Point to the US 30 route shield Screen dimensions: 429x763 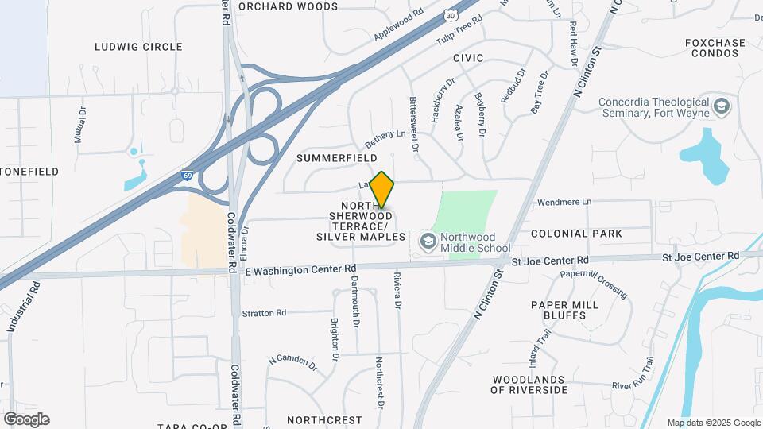pyautogui.click(x=451, y=14)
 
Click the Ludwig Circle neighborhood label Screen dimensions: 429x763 pyautogui.click(x=139, y=47)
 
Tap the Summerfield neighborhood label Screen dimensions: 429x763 pyautogui.click(x=337, y=158)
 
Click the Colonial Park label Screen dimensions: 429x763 pyautogui.click(x=576, y=234)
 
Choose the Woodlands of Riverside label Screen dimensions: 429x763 pyautogui.click(x=529, y=385)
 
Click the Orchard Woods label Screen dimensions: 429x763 pyautogui.click(x=277, y=6)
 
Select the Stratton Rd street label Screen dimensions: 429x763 pyautogui.click(x=264, y=313)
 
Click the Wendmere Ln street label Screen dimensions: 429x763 pyautogui.click(x=565, y=202)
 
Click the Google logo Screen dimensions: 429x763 pyautogui.click(x=26, y=419)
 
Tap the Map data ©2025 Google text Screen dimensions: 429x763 pyautogui.click(x=714, y=423)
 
